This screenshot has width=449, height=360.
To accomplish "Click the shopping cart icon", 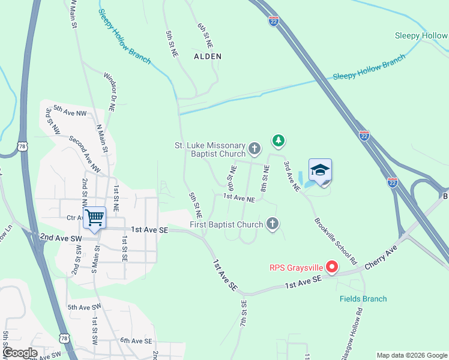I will [95, 217].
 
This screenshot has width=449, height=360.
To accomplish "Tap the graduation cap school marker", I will [320, 170].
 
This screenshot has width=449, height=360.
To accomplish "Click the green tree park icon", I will [278, 141].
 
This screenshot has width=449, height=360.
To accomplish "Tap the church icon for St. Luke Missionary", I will [255, 148].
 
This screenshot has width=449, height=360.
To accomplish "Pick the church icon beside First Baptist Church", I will [273, 225].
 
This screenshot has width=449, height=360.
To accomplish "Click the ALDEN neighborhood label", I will [208, 56].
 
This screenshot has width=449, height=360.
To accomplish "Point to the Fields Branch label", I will [363, 299].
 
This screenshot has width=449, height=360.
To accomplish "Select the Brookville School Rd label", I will [335, 242].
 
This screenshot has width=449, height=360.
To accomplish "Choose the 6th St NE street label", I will [205, 35].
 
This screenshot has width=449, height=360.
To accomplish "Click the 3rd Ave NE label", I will [292, 176].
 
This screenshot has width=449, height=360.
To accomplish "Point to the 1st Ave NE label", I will [239, 197].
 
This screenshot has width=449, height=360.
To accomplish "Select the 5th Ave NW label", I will [70, 110].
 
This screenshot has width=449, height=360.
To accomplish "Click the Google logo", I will [20, 353].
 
